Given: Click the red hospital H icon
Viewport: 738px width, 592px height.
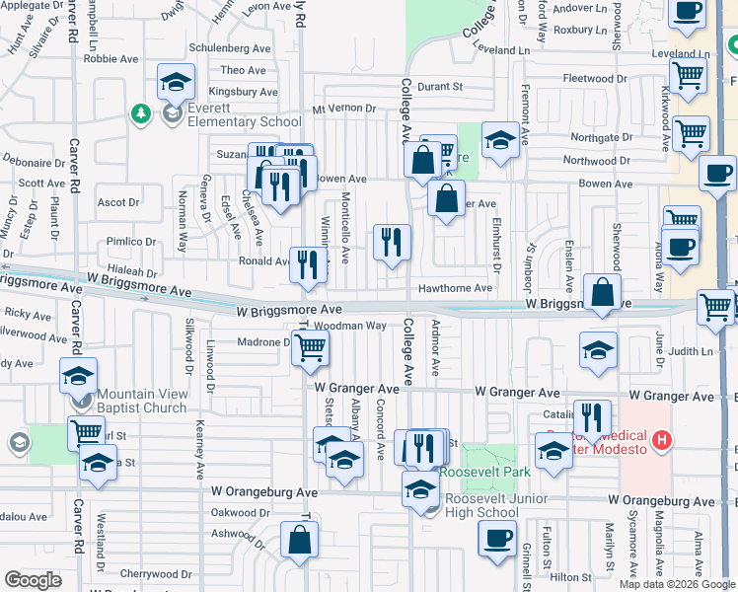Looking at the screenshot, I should point(662,439).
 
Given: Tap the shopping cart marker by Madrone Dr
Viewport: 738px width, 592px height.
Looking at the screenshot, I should point(310,348).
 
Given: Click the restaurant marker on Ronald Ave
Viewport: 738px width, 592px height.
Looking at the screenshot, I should point(309,264).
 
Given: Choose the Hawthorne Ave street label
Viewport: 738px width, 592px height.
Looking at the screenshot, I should point(455,288).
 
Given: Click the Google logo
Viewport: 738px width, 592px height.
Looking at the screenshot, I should point(33,580).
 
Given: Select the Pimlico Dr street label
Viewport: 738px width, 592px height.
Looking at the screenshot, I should point(131,241).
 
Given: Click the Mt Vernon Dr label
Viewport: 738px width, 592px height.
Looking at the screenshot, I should point(344,109).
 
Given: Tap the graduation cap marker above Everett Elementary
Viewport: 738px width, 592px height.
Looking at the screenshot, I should point(176,82).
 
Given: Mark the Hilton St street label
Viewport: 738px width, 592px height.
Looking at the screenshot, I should point(571,577).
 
